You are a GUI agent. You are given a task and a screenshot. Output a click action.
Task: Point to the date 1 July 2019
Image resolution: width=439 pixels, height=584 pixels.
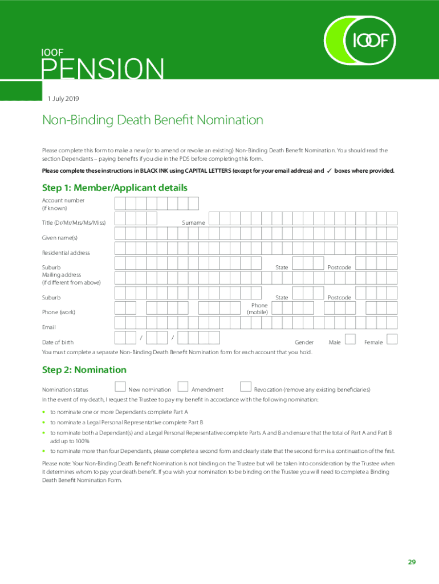(x=64, y=99)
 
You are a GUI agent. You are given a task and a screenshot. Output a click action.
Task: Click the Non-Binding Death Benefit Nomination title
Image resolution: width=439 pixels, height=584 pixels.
(x=153, y=120)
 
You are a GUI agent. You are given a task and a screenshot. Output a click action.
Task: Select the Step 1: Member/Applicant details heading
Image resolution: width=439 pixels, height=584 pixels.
(x=115, y=188)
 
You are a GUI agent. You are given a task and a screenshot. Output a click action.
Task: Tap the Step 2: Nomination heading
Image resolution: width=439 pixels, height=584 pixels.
(x=84, y=370)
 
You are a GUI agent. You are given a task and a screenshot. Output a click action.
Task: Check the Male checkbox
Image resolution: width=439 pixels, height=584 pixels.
(x=351, y=339)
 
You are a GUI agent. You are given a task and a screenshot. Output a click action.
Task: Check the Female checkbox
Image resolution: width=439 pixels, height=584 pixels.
(x=392, y=339)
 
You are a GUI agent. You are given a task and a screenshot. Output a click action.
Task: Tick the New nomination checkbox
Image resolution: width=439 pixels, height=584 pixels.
(x=120, y=387)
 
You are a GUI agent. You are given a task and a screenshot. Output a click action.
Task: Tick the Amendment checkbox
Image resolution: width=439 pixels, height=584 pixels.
(x=183, y=387)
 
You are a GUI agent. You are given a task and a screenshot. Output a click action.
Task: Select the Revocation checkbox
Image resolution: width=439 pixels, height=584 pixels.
(x=246, y=387)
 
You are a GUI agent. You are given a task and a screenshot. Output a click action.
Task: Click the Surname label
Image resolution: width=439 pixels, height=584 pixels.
(x=193, y=222)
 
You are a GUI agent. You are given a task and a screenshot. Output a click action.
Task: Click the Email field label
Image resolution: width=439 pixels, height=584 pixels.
(x=49, y=327)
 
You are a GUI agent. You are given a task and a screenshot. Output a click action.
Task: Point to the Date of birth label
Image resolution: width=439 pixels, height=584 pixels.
(x=58, y=342)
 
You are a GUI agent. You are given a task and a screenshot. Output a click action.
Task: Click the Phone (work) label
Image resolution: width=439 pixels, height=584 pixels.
(x=59, y=312)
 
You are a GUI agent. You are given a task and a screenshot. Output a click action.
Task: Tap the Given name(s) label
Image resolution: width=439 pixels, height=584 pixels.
(x=59, y=237)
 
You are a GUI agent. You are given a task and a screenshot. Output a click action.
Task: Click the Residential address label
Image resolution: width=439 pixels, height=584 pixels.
(x=66, y=253)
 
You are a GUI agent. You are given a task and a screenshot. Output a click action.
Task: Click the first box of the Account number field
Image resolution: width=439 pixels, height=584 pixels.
(x=120, y=204)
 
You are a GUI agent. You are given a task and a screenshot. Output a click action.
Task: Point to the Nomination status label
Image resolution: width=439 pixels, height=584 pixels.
(x=65, y=390)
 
